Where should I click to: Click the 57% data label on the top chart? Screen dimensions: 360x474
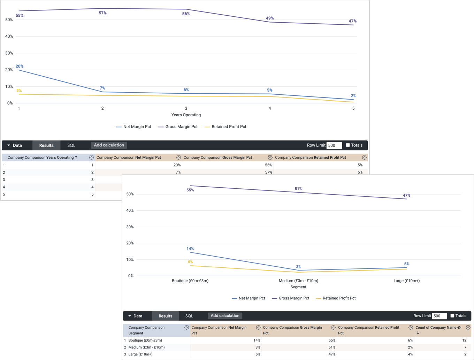tap(102, 13)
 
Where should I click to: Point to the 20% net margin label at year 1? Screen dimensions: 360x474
tap(20, 66)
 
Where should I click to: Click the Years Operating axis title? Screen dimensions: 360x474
tap(186, 115)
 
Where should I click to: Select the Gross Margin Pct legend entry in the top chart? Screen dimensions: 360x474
tap(181, 127)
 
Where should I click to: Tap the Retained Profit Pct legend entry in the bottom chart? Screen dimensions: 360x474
tap(339, 298)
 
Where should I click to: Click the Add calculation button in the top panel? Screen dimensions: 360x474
tap(109, 145)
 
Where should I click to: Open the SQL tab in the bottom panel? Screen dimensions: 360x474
tap(189, 316)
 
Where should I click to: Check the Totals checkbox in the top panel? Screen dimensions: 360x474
tap(347, 145)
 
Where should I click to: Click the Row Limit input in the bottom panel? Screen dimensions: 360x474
tap(439, 316)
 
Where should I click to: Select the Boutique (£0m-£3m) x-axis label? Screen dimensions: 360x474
tap(190, 281)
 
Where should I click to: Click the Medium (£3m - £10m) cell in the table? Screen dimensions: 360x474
tap(146, 347)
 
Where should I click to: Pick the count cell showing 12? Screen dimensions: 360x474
tap(464, 341)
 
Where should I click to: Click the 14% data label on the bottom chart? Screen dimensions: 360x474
tap(190, 249)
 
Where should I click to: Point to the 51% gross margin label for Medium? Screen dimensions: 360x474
tap(298, 189)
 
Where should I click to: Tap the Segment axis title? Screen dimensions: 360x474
tap(298, 287)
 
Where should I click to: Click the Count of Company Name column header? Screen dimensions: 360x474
tap(436, 328)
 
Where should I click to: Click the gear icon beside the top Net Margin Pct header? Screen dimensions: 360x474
tap(178, 158)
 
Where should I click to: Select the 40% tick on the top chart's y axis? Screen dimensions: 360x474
tap(9, 37)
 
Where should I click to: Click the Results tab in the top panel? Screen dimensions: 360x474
tap(46, 146)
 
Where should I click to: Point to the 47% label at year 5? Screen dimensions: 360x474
tap(352, 21)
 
